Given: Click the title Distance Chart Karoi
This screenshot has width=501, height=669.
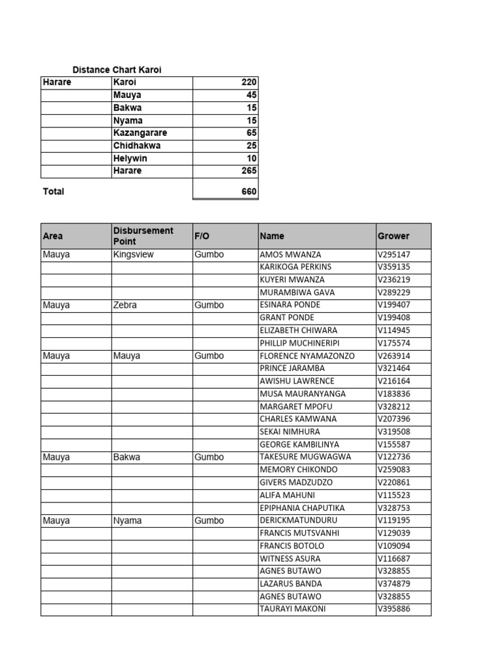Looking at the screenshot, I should click(117, 70).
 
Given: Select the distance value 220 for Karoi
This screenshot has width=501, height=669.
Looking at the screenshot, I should click(249, 82).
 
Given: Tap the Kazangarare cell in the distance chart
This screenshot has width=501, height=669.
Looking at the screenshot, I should click(140, 133).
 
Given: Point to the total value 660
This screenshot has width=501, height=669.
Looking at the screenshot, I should click(249, 191).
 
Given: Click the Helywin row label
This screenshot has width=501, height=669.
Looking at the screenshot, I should click(130, 158).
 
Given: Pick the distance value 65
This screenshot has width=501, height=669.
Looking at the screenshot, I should click(252, 133).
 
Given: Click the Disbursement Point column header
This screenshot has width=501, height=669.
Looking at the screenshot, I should click(144, 236).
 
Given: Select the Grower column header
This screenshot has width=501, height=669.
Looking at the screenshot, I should click(393, 236).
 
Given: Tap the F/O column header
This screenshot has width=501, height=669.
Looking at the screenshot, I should click(201, 236).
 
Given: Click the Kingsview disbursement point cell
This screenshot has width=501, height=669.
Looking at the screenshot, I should click(134, 254).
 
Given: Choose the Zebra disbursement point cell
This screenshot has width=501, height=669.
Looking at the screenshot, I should click(125, 305).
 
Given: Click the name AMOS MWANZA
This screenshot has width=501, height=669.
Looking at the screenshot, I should click(290, 254).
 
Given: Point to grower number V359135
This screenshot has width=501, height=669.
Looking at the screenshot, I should click(394, 267).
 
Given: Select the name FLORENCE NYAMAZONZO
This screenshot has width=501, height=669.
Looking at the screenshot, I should click(307, 356).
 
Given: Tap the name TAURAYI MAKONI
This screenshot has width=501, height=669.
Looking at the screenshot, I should click(293, 609).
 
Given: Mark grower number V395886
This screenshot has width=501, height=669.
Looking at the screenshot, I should click(394, 609).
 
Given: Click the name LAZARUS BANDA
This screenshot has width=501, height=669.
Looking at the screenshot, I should click(290, 583).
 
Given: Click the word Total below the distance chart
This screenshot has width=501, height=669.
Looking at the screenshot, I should click(53, 191).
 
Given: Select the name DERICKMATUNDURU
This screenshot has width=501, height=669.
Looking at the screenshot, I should click(298, 521).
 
